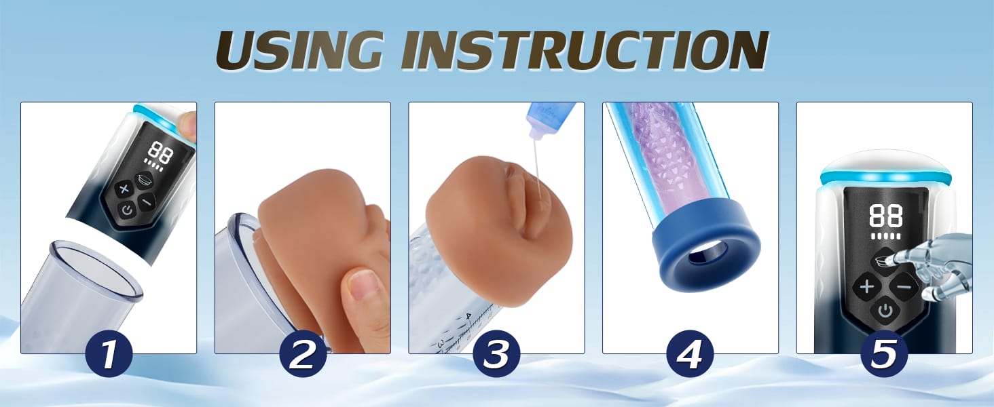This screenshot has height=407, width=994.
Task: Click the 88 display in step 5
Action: point(886,216)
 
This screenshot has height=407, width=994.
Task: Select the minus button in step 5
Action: point(904,286)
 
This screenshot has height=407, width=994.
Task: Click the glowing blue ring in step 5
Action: point(885,178)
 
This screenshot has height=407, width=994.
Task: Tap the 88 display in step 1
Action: point(160,153)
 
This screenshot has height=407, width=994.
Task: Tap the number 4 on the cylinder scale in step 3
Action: point(469,316)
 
